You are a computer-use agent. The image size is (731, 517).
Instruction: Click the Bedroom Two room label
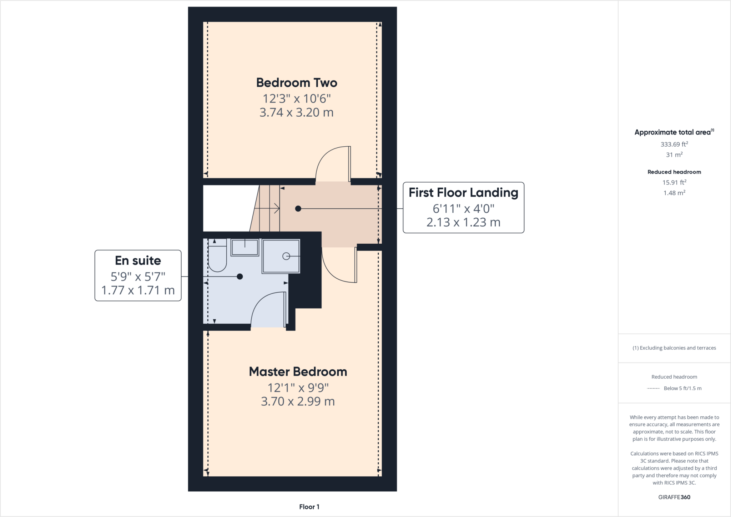coord(297,83)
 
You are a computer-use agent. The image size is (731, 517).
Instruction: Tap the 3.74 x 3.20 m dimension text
coord(296,112)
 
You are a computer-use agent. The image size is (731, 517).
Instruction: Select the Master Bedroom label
coord(298,372)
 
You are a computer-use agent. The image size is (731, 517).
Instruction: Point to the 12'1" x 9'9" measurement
coord(298,387)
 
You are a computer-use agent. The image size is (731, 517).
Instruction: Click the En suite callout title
coord(138,261)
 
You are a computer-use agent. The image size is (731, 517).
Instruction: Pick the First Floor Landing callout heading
coord(463,193)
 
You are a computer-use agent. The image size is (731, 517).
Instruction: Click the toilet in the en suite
coord(217,259)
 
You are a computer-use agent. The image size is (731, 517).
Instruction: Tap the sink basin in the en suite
coord(245,247)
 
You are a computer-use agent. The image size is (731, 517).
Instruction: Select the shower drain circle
coord(286,256)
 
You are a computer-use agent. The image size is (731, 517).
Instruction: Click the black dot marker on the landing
coord(298,209)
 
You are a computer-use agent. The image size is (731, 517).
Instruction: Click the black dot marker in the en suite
coord(240,277)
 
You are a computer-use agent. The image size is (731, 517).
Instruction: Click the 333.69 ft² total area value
coord(674,145)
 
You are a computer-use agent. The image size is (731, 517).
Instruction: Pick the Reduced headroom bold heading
coord(674,172)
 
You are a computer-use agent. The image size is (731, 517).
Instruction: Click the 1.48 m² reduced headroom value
coord(674,193)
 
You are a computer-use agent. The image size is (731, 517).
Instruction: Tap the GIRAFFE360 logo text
coord(674,497)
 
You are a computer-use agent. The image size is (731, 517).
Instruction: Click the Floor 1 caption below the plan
coord(309,507)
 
